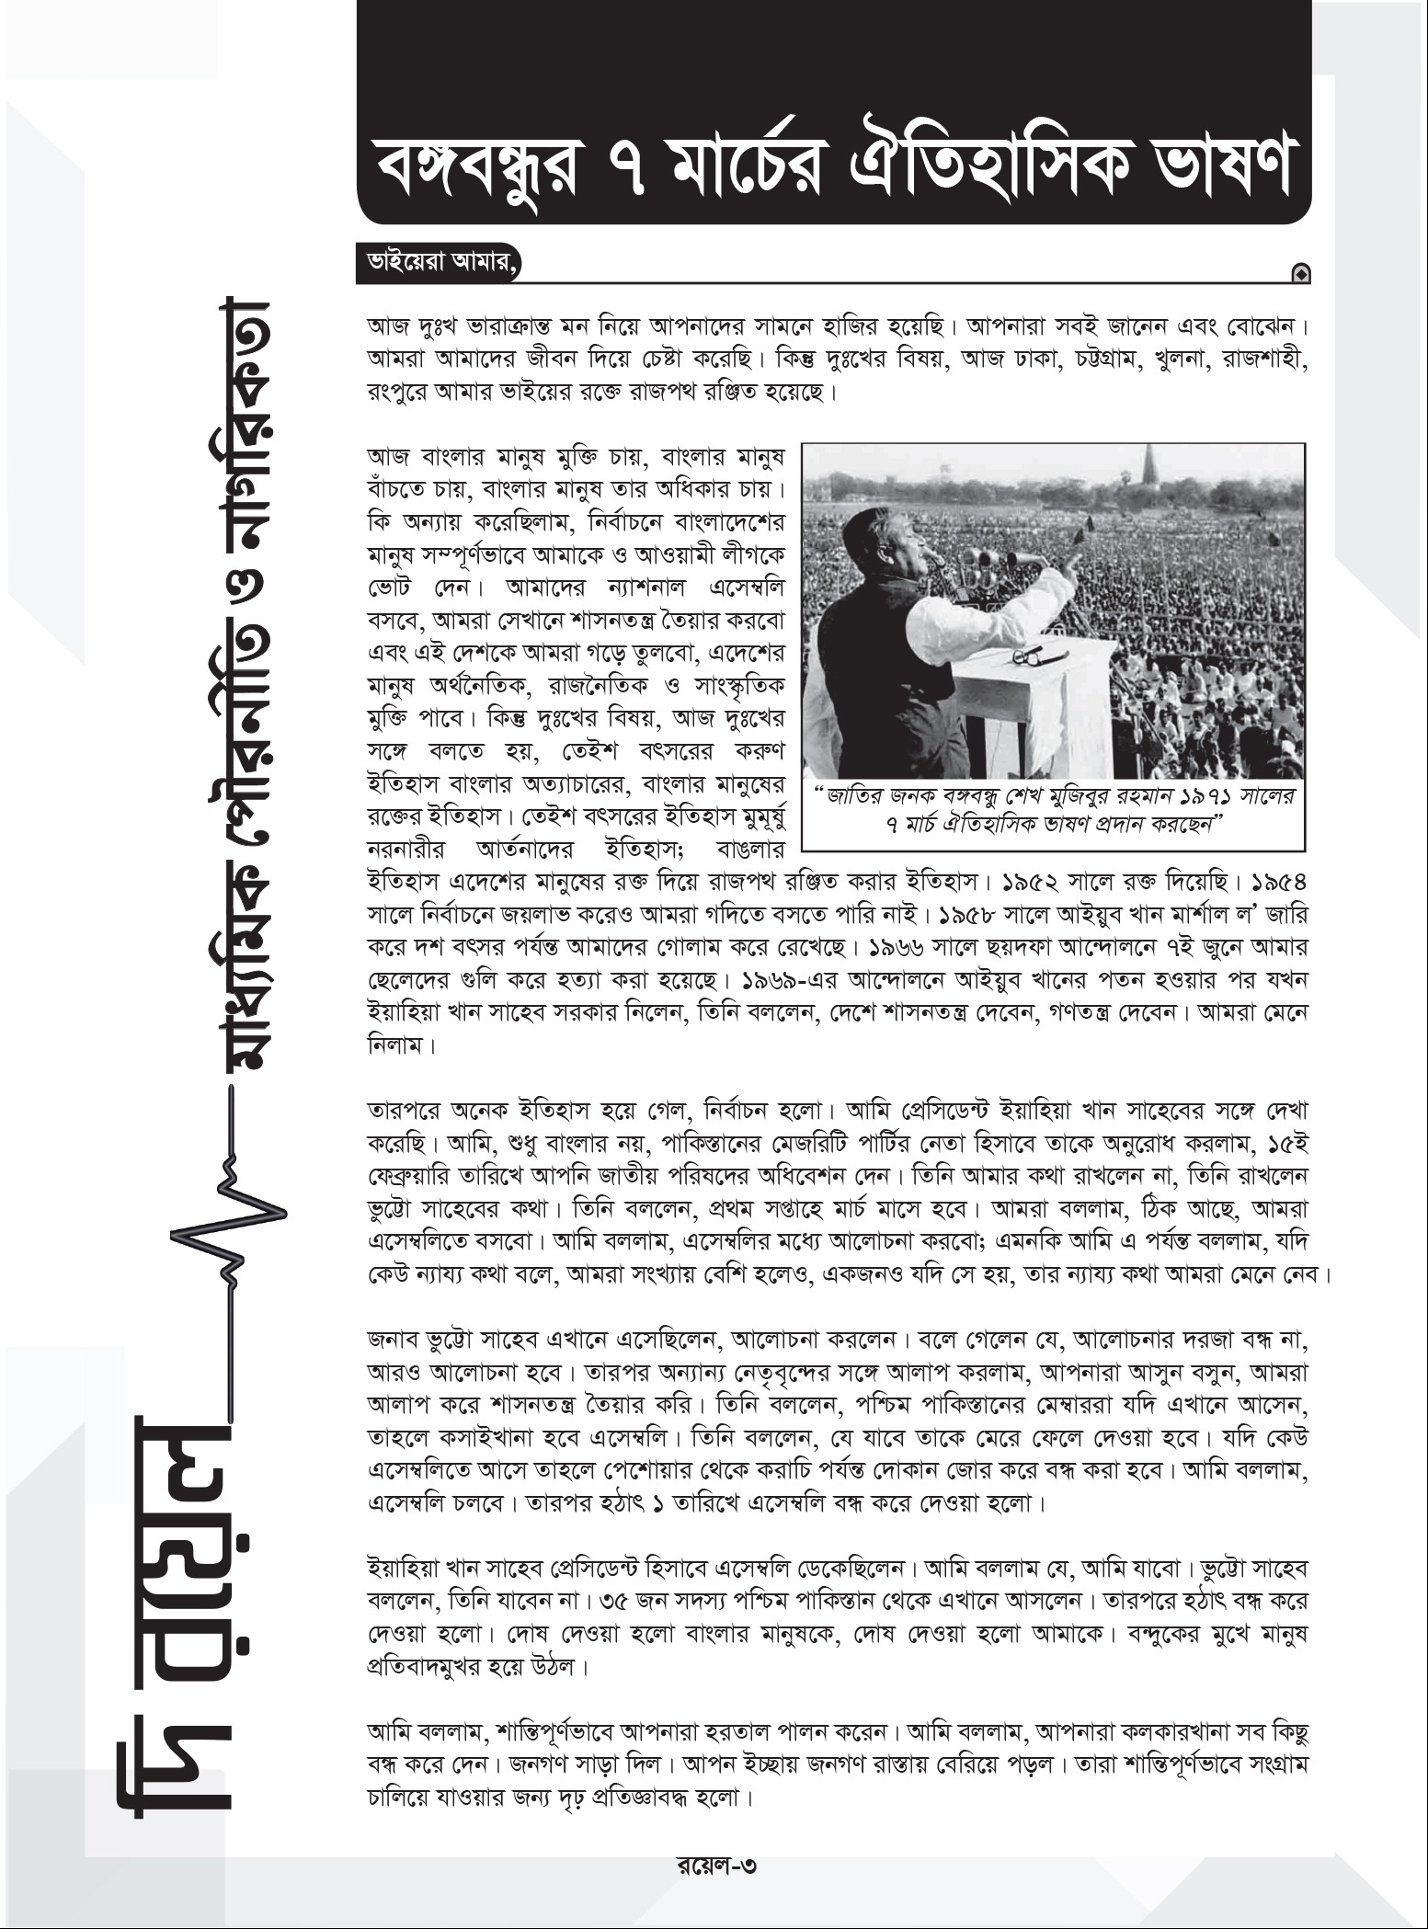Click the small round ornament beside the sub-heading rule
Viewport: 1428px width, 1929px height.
pyautogui.click(x=1299, y=272)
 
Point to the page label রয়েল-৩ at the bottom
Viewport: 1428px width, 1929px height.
pyautogui.click(x=714, y=1865)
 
